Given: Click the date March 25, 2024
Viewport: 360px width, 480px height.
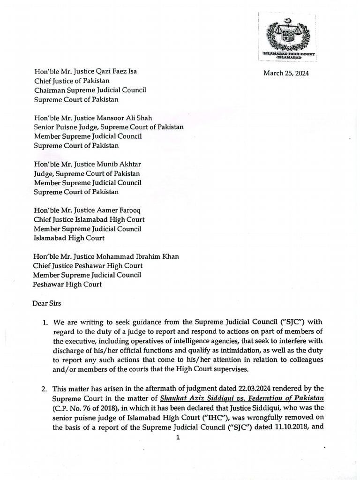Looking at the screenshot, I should [x=286, y=73].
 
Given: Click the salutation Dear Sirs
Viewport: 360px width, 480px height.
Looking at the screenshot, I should [x=47, y=303].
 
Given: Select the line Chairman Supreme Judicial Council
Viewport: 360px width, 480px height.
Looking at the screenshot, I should [x=84, y=90].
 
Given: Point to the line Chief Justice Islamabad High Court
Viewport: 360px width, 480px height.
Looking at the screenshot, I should [x=89, y=219].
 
